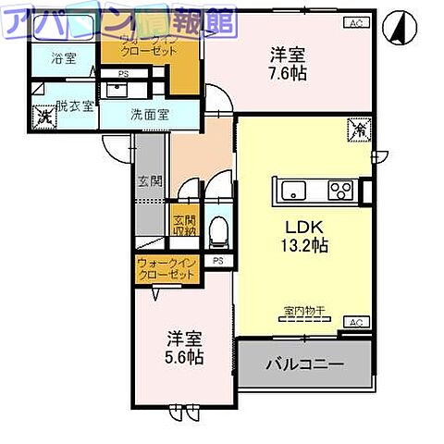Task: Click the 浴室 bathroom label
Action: (x=64, y=57)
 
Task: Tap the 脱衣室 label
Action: (x=75, y=105)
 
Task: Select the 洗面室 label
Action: (x=149, y=117)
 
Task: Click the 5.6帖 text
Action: (x=186, y=357)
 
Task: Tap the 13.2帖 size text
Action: (x=302, y=247)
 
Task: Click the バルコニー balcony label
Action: (x=306, y=364)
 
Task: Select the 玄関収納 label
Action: (x=184, y=227)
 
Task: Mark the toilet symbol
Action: (x=218, y=231)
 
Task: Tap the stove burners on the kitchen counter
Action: (x=339, y=191)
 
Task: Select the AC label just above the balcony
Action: (x=354, y=321)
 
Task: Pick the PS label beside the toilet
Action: (x=218, y=262)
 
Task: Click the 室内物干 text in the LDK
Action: (x=302, y=312)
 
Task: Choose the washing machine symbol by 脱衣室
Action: (x=43, y=117)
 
